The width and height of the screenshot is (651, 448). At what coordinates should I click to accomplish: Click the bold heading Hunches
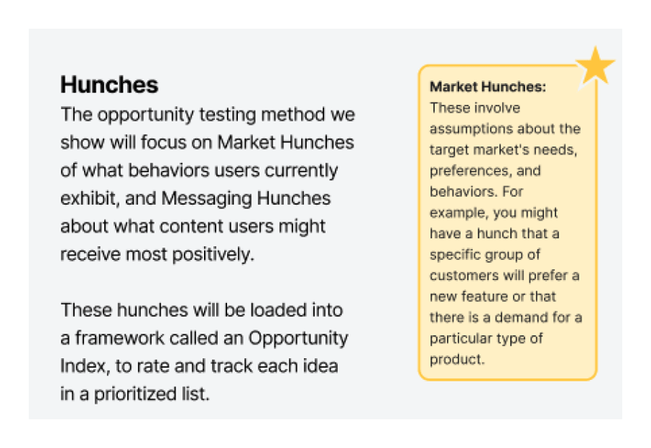click(x=109, y=85)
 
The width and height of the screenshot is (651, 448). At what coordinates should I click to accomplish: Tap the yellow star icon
click(x=595, y=66)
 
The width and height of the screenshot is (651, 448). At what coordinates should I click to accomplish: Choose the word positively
click(x=213, y=255)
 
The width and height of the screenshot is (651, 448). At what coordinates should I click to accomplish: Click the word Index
click(x=85, y=366)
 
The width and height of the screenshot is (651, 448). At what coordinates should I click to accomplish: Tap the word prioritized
click(x=135, y=394)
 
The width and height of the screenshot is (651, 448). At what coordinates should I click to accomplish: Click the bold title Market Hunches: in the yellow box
click(x=488, y=86)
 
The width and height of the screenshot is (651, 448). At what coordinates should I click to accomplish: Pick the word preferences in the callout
click(x=469, y=172)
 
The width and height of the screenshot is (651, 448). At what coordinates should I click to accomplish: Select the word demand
click(x=521, y=318)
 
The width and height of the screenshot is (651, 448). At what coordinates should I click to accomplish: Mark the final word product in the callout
click(x=457, y=360)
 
